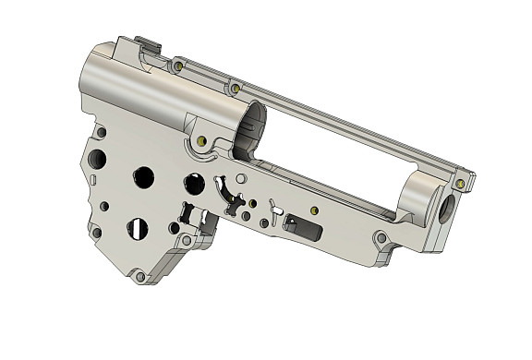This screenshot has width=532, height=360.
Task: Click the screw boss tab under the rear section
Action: tap(381, 243)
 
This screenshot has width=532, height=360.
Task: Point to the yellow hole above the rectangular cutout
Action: tap(316, 209)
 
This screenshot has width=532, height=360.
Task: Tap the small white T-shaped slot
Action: tap(274, 207)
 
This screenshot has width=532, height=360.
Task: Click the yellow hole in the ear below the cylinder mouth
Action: tap(200, 141)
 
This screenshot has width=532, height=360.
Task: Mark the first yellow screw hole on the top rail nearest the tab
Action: tap(177, 66)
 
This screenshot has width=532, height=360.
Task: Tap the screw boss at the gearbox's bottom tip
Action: tap(139, 276)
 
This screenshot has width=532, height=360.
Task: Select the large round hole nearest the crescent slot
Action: tap(194, 184)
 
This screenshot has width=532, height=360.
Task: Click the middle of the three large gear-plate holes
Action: tap(144, 176)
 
